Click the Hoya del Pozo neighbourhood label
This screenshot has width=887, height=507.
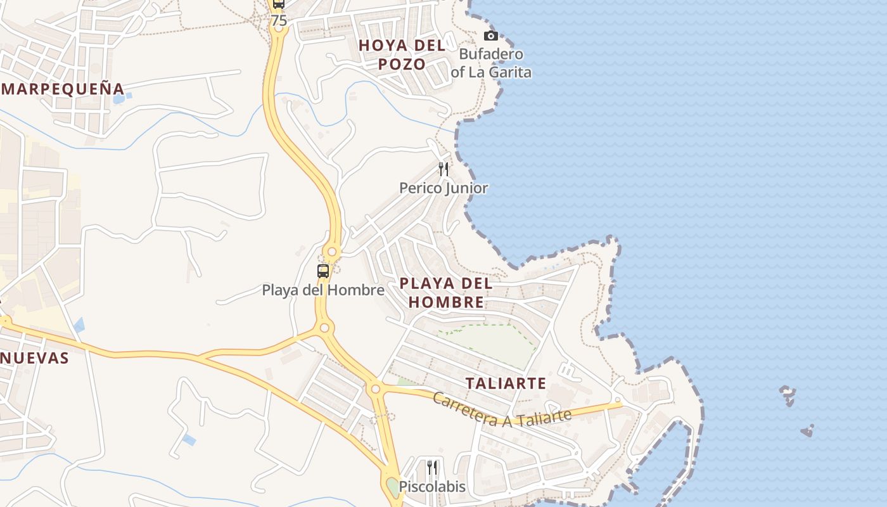(x=402, y=55)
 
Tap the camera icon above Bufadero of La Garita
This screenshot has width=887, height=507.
(x=490, y=35)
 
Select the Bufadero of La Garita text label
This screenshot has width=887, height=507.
(x=491, y=63)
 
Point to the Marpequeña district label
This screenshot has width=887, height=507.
(x=62, y=88)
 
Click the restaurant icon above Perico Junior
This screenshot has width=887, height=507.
(x=443, y=169)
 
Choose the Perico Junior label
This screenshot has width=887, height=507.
(x=443, y=188)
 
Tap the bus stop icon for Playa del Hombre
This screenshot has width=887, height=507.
(x=323, y=271)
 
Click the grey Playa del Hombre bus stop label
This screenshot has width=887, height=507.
(x=323, y=290)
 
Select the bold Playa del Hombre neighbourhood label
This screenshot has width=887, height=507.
(x=446, y=292)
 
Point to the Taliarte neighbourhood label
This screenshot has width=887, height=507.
(x=506, y=383)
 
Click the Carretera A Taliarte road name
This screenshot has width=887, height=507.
(x=502, y=411)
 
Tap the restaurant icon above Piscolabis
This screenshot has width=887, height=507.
(x=432, y=468)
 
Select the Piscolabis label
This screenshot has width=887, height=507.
(x=432, y=487)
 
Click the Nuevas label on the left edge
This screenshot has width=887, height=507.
(x=34, y=358)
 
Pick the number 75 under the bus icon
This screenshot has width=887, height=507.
(x=279, y=21)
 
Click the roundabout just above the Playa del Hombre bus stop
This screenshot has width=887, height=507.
(x=331, y=252)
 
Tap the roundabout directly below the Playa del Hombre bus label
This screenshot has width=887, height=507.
(x=324, y=328)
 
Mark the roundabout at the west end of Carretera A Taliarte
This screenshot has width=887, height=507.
(x=376, y=388)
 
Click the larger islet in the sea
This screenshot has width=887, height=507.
(x=788, y=395)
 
